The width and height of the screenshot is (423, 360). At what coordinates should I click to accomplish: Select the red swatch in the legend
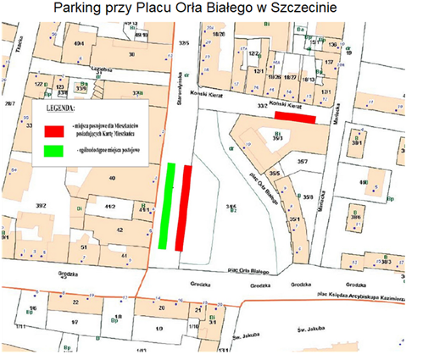point(55,131)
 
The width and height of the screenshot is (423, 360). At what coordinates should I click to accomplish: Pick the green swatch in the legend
point(55,152)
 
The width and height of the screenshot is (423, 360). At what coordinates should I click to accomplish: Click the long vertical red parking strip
point(182,208)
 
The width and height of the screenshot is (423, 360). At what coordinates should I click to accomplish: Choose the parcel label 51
point(84,246)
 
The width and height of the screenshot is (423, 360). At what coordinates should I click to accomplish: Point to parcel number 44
point(125,254)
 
